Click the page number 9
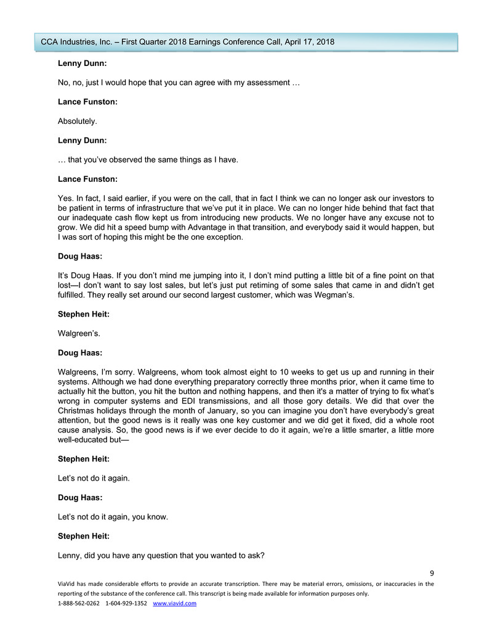pyautogui.click(x=432, y=573)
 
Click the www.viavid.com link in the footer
pyautogui.click(x=174, y=603)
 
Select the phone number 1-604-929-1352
pyautogui.click(x=126, y=603)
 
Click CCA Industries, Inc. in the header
pyautogui.click(x=77, y=41)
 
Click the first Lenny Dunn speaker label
pyautogui.click(x=83, y=63)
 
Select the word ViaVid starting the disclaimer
pyautogui.click(x=68, y=583)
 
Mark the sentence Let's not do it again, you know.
pyautogui.click(x=113, y=516)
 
